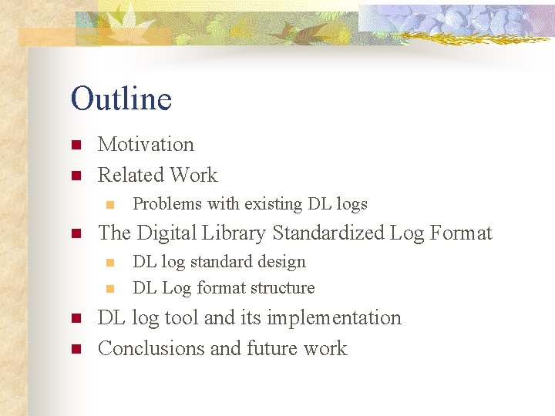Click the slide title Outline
(x=121, y=99)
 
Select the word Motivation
(x=146, y=145)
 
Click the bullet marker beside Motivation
(x=76, y=146)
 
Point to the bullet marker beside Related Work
(x=76, y=176)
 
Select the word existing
(x=274, y=204)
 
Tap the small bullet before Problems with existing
(x=109, y=205)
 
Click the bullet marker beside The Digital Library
(x=76, y=233)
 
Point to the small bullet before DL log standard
(x=109, y=263)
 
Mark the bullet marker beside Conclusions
(x=76, y=349)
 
